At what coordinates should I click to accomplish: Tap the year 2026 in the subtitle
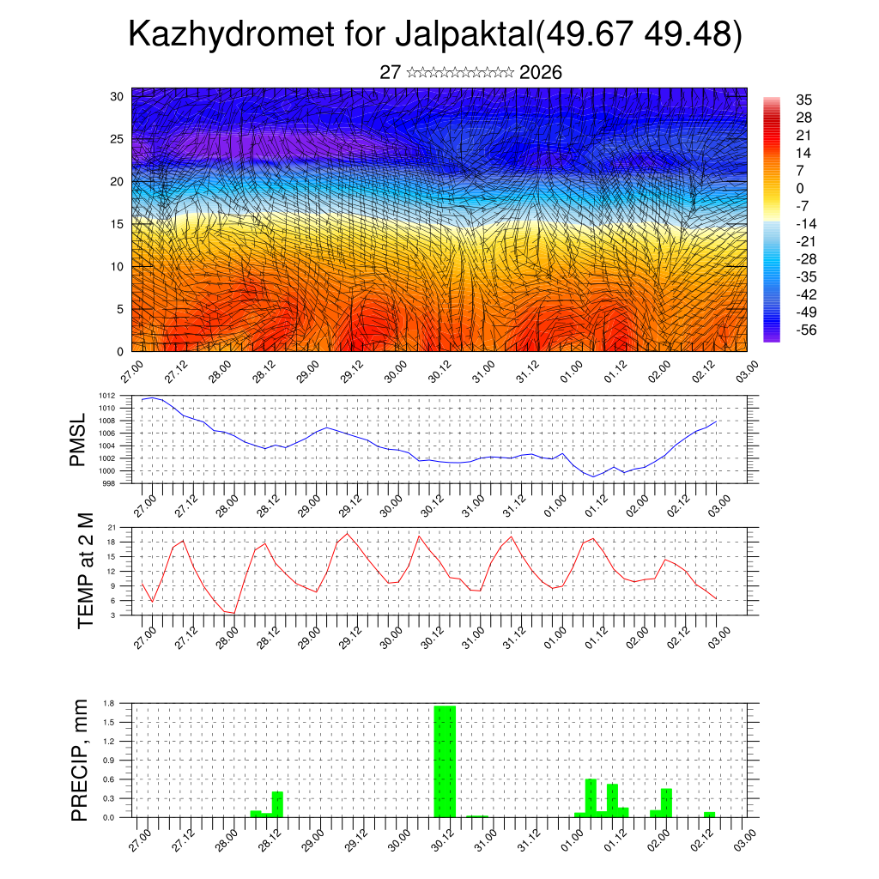click(541, 73)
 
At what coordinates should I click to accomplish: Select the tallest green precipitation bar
click(445, 761)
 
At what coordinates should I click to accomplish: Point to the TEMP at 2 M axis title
click(85, 570)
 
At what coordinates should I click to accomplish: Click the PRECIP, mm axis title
click(80, 761)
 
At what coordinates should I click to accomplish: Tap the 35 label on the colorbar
click(804, 100)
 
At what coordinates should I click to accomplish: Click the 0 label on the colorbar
click(800, 188)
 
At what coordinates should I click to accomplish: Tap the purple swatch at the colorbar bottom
click(772, 336)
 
